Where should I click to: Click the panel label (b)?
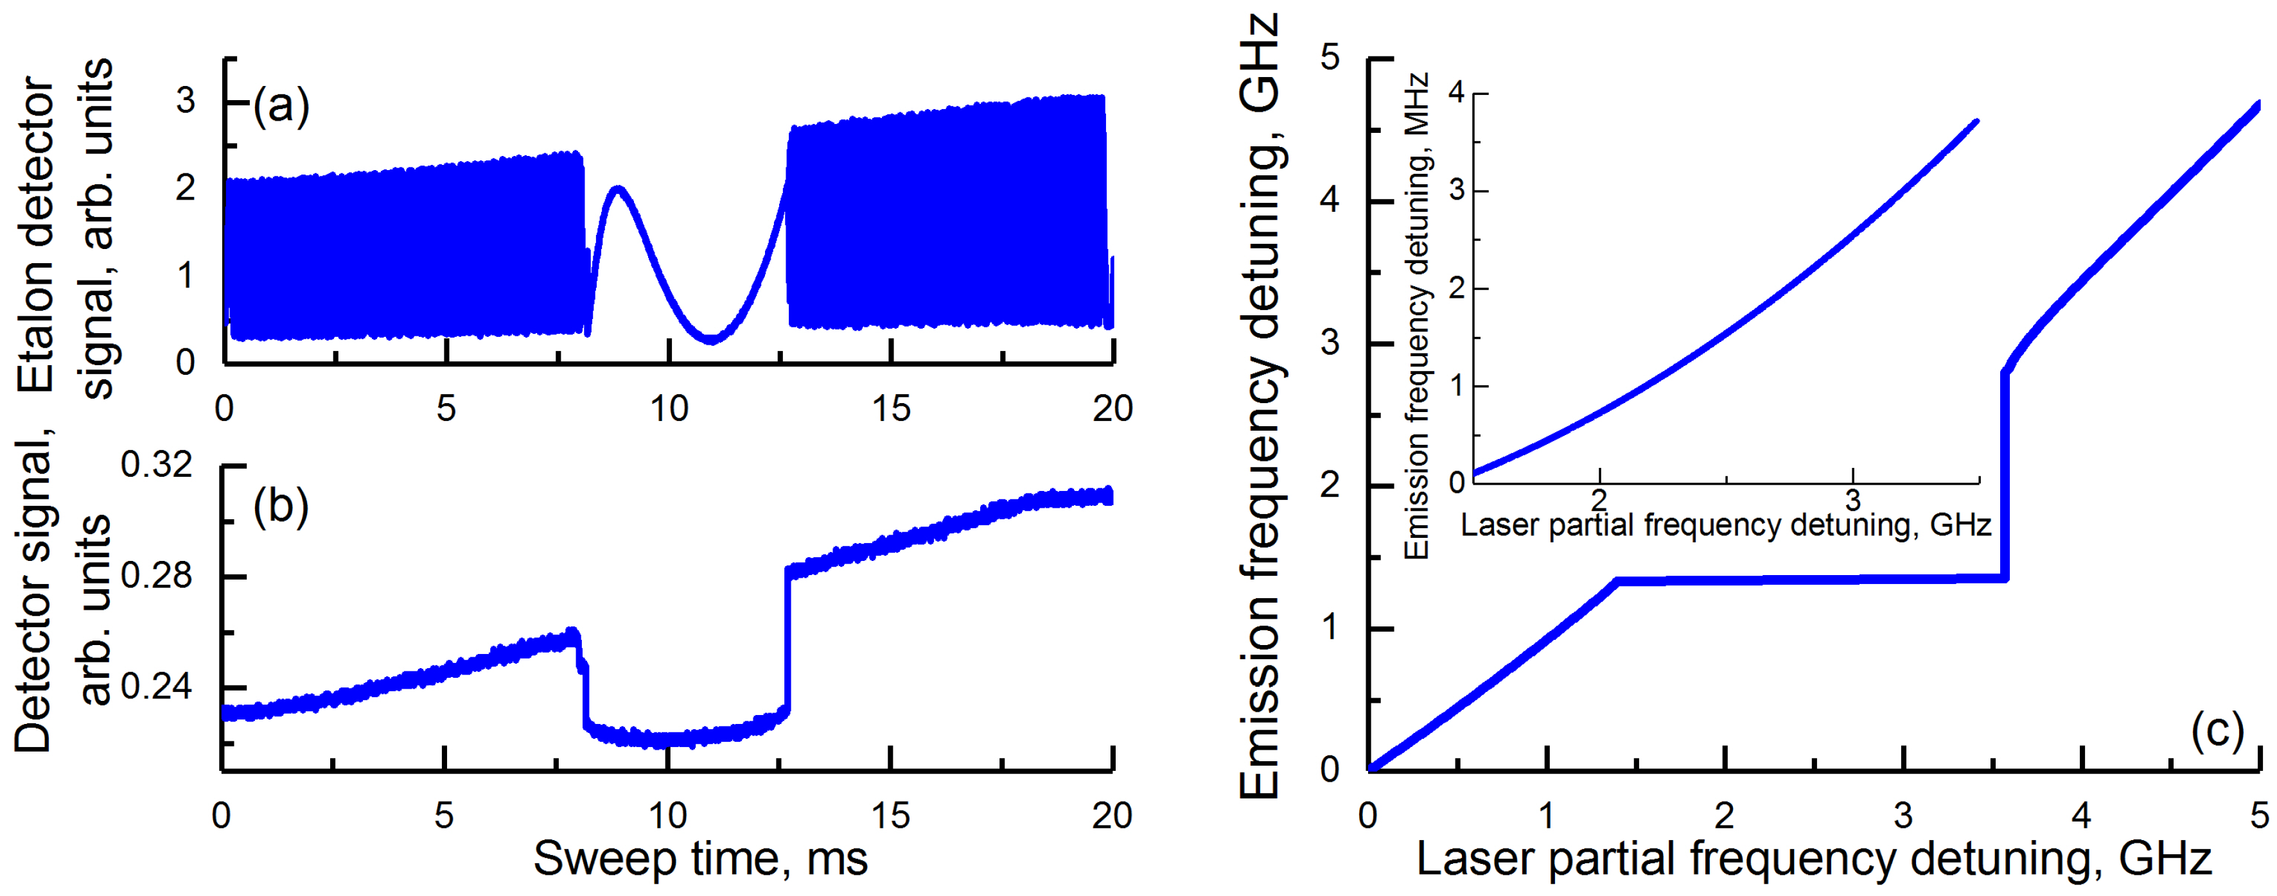tap(281, 507)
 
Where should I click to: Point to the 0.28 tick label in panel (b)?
tap(157, 576)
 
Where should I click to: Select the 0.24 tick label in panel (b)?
tap(157, 687)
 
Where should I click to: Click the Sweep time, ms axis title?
tap(700, 859)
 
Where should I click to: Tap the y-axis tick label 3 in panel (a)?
tap(186, 101)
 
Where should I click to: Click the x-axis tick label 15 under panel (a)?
tap(890, 409)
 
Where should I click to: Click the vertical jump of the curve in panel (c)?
tap(2005, 477)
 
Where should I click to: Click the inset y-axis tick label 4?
tap(1457, 93)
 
